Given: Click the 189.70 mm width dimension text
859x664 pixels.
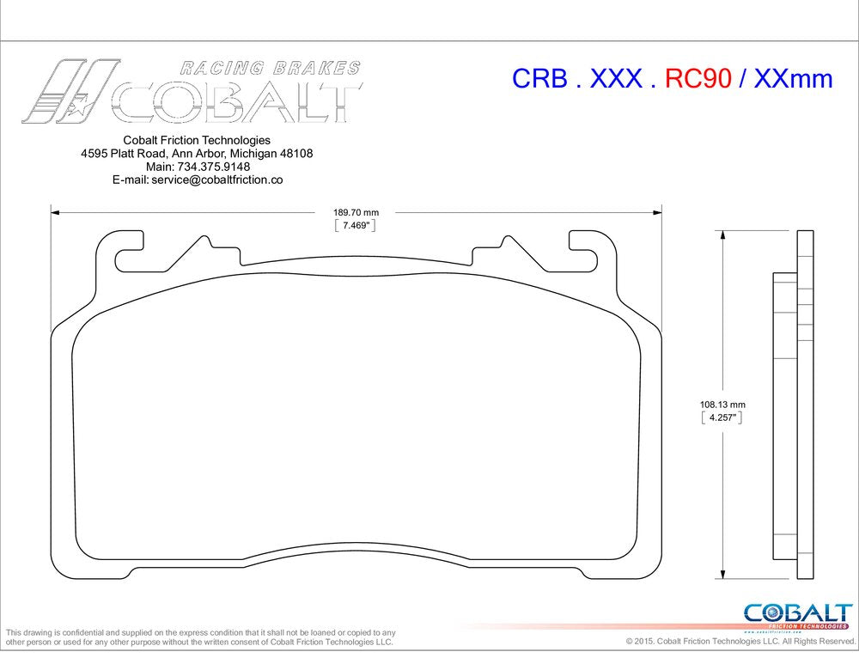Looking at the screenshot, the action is coord(356,212).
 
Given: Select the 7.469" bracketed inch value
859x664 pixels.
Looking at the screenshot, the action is coord(356,226).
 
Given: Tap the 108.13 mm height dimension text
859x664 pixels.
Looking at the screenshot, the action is coord(722,404).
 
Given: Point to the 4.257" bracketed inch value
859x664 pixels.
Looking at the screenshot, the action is coord(722,418).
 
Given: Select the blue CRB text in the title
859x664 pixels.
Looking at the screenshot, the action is coord(539,79).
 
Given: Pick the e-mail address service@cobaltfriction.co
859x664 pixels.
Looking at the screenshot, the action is coord(216,180).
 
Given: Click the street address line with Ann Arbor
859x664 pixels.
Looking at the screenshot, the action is coord(197,154).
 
